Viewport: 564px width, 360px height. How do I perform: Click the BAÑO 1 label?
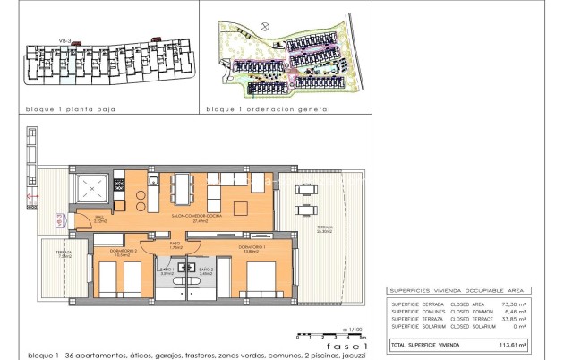click(167, 270)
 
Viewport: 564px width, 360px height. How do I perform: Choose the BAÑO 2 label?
click(204, 270)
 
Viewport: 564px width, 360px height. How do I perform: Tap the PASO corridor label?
click(175, 244)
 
